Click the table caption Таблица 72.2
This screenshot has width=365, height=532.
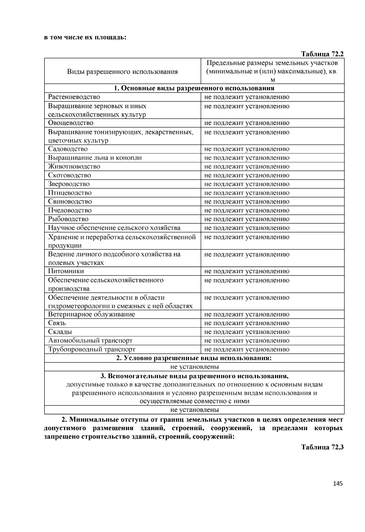(322, 54)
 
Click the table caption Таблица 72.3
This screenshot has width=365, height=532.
(322, 447)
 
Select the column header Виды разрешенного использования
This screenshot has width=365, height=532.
(122, 72)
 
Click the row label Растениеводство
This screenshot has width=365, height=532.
(74, 97)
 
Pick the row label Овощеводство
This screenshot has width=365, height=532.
(71, 123)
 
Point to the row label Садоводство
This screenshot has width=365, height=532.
(68, 149)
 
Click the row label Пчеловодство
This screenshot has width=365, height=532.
(70, 210)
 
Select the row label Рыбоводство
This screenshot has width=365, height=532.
(68, 219)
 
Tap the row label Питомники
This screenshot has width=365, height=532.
(66, 271)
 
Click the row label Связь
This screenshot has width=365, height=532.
(57, 323)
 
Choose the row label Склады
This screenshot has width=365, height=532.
(60, 332)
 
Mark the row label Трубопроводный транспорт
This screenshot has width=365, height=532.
(92, 349)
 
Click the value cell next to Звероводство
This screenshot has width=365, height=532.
(247, 184)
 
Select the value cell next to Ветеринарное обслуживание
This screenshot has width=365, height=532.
(247, 314)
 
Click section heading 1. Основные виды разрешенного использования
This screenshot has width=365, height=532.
(194, 88)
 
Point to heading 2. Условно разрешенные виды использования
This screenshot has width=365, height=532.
(194, 358)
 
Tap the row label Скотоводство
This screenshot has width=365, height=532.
(69, 175)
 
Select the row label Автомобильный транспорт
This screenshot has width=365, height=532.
(90, 341)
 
